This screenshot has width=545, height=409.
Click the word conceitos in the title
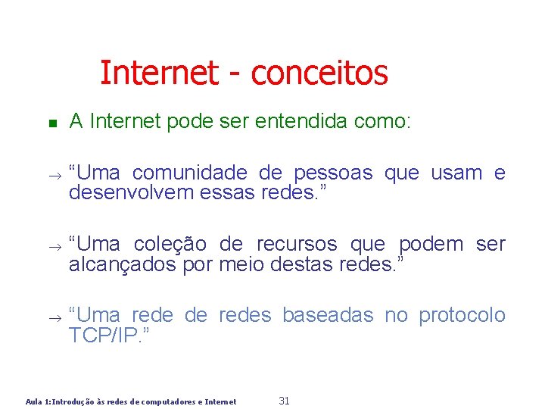pyautogui.click(x=319, y=73)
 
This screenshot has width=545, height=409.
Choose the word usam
pyautogui.click(x=456, y=173)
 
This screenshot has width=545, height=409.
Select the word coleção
pyautogui.click(x=170, y=245)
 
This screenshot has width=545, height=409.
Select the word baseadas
pyautogui.click(x=328, y=315)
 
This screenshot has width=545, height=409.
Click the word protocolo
pyautogui.click(x=462, y=315)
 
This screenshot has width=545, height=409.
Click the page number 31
pyautogui.click(x=285, y=401)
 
